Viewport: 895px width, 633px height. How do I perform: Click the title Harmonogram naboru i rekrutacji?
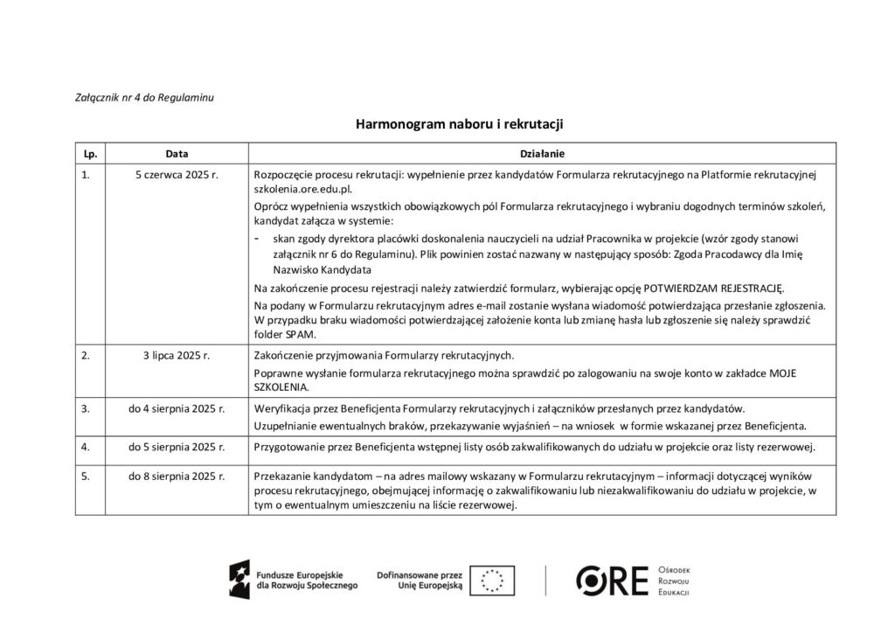[x=447, y=124]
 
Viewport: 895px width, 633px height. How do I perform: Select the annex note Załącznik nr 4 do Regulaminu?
[x=140, y=96]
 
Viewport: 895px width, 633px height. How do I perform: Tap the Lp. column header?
[x=88, y=154]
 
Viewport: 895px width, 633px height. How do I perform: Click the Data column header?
[x=177, y=154]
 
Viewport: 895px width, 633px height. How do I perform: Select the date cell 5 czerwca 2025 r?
[x=177, y=175]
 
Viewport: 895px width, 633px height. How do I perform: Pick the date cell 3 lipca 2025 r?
[x=177, y=356]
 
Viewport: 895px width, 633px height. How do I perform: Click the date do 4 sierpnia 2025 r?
[x=177, y=408]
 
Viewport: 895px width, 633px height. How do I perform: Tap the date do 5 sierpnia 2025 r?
[x=177, y=448]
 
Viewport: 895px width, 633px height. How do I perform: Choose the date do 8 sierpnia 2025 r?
[x=177, y=476]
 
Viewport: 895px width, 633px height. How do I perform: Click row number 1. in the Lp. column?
[x=85, y=175]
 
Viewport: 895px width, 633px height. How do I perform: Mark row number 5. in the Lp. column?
[x=85, y=476]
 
